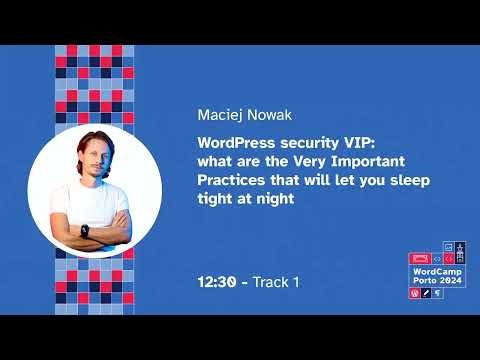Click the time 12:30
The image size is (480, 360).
tap(219, 282)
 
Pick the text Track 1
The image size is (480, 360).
tap(276, 282)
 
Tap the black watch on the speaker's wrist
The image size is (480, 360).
tap(84, 230)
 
